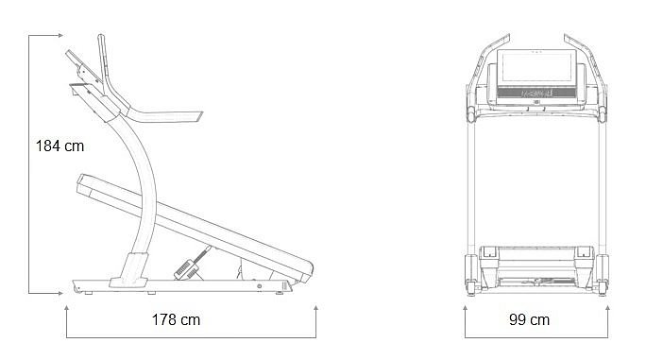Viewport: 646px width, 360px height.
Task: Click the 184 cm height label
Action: coord(59,146)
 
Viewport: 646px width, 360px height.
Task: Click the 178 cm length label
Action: coord(176,319)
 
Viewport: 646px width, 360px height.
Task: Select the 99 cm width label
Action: coord(530,319)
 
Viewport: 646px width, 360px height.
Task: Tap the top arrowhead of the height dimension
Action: coord(60,36)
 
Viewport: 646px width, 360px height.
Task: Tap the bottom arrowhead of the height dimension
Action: coord(60,293)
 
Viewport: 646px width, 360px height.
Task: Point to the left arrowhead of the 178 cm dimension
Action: coord(66,308)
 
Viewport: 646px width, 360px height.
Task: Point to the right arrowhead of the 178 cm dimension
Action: coord(316,308)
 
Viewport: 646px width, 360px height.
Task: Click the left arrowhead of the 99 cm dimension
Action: coord(465,308)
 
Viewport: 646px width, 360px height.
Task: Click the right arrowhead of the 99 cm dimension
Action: coord(607,308)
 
